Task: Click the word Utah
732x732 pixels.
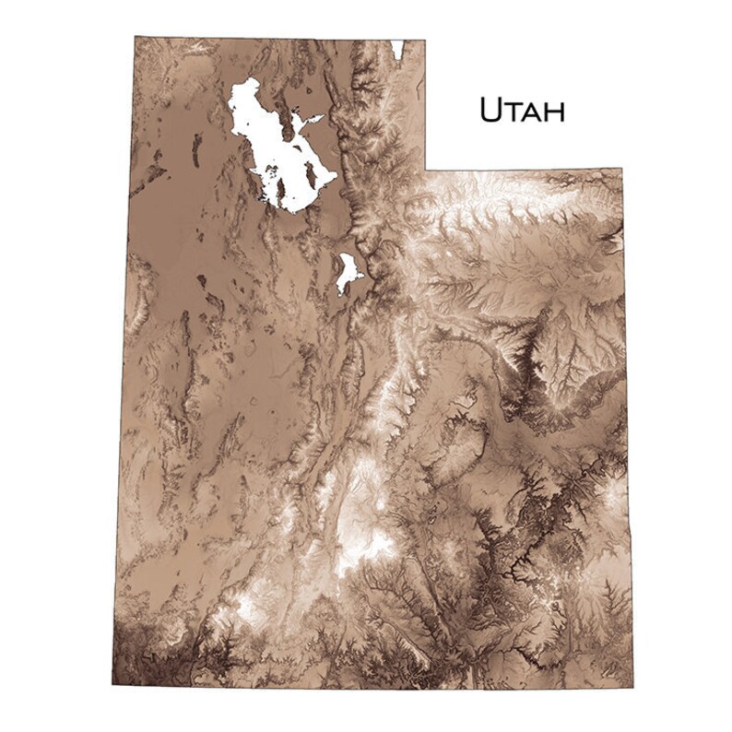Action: pos(521,110)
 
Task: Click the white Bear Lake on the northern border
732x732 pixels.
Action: pos(396,48)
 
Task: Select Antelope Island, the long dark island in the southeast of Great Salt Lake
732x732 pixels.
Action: pos(312,175)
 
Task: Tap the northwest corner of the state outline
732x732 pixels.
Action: pos(135,37)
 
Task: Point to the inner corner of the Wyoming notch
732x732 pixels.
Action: pos(425,170)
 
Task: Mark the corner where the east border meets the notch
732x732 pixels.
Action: pos(622,170)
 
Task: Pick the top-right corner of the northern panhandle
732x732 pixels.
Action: pos(425,40)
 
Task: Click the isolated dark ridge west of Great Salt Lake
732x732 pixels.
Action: pos(195,148)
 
